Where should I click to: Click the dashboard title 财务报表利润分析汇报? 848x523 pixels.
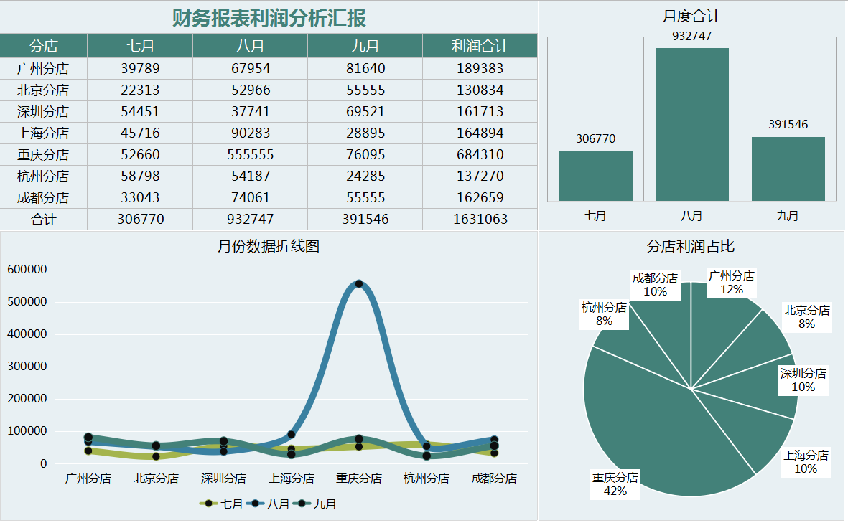pyautogui.click(x=269, y=18)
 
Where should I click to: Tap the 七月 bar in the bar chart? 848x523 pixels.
pyautogui.click(x=595, y=175)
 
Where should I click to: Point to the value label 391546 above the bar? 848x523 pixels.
pyautogui.click(x=788, y=124)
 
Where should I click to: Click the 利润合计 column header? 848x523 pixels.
pyautogui.click(x=480, y=47)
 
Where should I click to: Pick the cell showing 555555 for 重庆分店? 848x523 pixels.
pyautogui.click(x=250, y=154)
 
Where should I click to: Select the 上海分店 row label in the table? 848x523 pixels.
pyautogui.click(x=43, y=133)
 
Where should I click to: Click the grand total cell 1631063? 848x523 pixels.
pyautogui.click(x=480, y=219)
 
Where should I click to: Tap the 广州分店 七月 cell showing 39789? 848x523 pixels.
pyautogui.click(x=140, y=68)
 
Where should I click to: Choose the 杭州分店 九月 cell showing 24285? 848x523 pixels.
pyautogui.click(x=365, y=176)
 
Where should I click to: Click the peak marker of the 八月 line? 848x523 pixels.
pyautogui.click(x=359, y=284)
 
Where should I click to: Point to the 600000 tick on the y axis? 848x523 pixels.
pyautogui.click(x=27, y=270)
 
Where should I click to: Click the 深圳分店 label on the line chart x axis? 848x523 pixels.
pyautogui.click(x=223, y=478)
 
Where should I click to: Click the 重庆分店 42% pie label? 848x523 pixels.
pyautogui.click(x=615, y=484)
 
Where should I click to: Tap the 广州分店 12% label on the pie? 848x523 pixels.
pyautogui.click(x=731, y=283)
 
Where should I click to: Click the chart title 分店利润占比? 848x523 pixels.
pyautogui.click(x=691, y=246)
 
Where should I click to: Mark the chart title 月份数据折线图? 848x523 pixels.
pyautogui.click(x=269, y=246)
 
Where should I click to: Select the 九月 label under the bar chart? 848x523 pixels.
pyautogui.click(x=788, y=215)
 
